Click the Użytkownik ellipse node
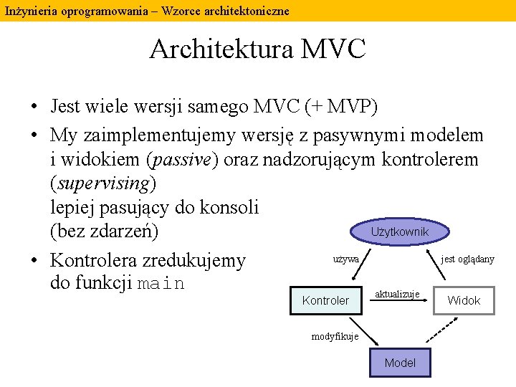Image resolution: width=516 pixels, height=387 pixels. (399, 231)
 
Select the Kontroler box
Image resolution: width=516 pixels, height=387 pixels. (325, 300)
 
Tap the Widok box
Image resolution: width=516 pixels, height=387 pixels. (464, 300)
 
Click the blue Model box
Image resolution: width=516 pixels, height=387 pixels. (399, 363)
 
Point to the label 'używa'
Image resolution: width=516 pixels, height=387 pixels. (346, 259)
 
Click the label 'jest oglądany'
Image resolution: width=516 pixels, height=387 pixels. (467, 259)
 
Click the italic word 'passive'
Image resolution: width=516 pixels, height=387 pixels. (181, 159)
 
